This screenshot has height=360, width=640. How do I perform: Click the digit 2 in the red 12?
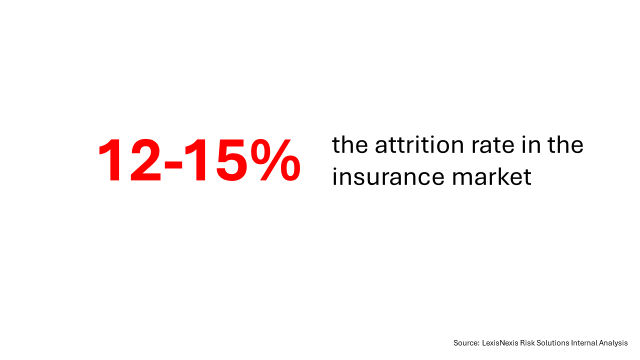point(145,160)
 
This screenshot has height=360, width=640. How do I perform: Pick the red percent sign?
point(275,160)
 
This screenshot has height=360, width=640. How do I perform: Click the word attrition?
point(419,144)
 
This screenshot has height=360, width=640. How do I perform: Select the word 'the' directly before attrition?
point(349,144)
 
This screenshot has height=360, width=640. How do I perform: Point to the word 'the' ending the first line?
point(565,144)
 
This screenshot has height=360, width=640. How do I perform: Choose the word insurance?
point(388,176)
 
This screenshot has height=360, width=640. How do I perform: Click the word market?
point(491,176)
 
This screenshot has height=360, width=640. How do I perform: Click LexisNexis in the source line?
point(500,343)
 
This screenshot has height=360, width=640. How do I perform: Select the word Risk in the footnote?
point(526,343)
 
